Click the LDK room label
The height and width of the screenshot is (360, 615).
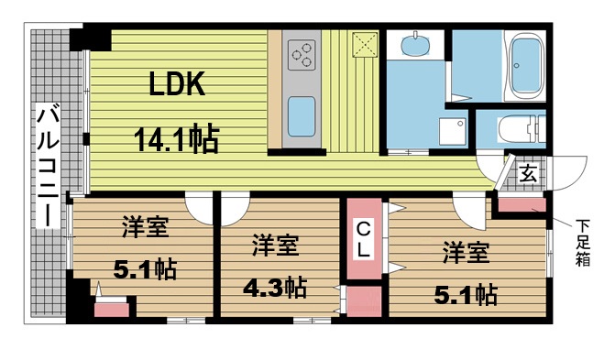[177, 84]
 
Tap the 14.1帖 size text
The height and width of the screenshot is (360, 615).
[176, 139]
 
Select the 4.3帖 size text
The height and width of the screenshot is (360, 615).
[275, 288]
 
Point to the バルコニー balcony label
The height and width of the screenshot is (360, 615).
[48, 165]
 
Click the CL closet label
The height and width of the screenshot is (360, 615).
[364, 239]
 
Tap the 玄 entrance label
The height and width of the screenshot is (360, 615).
[528, 173]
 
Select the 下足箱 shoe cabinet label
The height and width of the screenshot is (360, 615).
[582, 243]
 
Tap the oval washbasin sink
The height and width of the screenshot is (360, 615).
[415, 45]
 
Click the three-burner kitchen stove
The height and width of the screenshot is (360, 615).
[302, 55]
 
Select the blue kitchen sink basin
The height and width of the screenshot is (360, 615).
[302, 116]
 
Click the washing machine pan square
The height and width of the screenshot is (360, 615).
[453, 131]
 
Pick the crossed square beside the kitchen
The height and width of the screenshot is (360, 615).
[365, 45]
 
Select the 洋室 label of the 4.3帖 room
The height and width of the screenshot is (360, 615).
[275, 245]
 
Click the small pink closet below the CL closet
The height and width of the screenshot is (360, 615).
[365, 300]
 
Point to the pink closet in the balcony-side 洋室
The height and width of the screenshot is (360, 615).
[112, 310]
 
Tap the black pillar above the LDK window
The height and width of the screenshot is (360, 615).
[90, 39]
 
